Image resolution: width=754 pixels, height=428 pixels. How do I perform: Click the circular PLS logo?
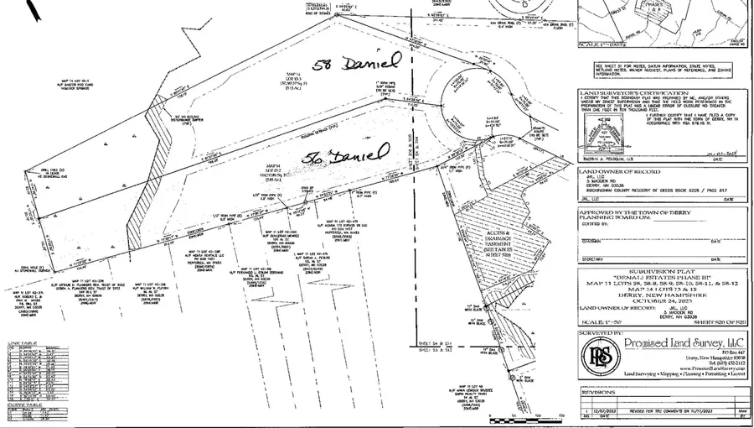click(x=596, y=355)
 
